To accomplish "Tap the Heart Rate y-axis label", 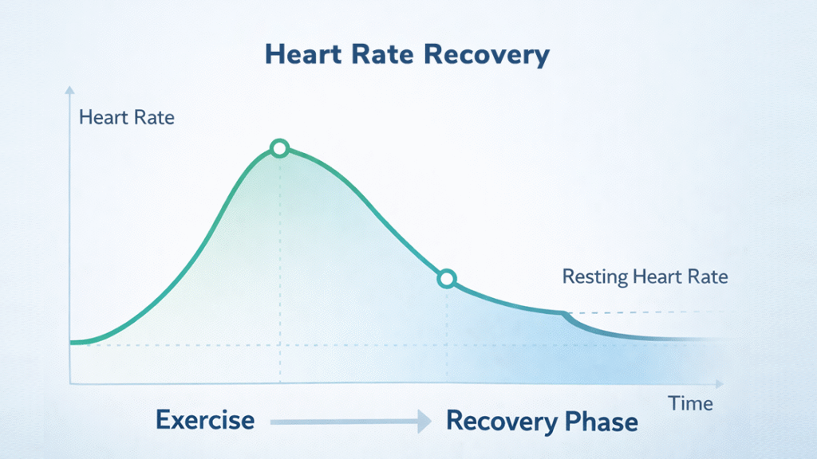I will (x=127, y=119).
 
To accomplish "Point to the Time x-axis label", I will (x=691, y=403).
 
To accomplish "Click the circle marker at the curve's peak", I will (x=278, y=148).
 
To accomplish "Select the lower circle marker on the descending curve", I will (x=447, y=278).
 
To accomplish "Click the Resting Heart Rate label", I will (x=645, y=277).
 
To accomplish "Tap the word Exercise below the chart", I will (x=205, y=420).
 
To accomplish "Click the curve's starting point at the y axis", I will (x=72, y=343).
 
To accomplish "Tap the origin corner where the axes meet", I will (x=71, y=383).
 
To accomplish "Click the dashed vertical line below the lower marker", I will (x=447, y=335).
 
